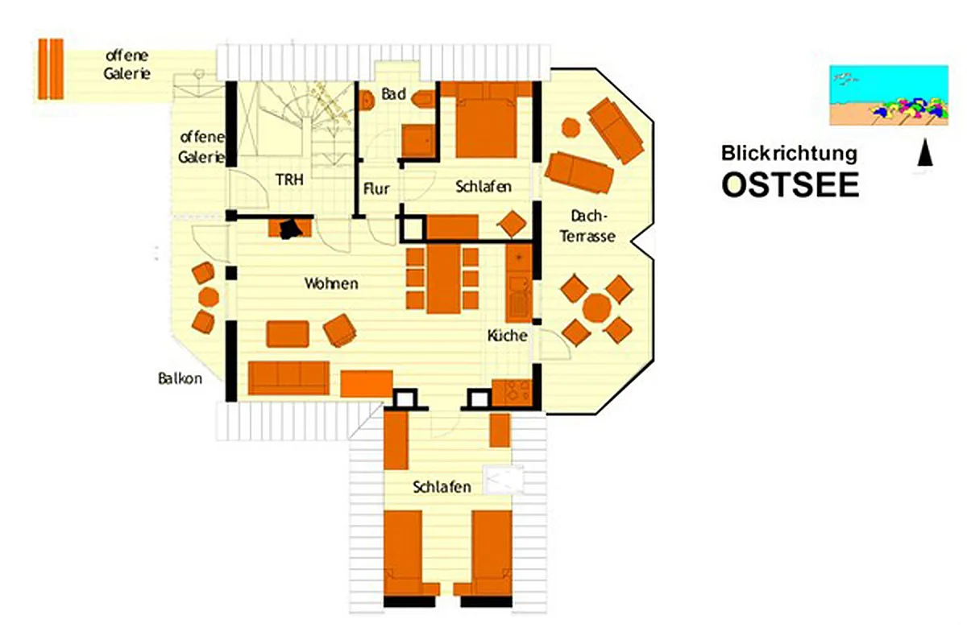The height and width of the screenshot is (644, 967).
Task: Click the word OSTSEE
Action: (790, 184)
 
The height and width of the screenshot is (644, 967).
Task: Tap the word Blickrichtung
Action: (789, 154)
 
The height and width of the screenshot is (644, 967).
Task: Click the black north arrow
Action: (925, 152)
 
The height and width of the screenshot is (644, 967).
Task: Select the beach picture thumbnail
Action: (889, 95)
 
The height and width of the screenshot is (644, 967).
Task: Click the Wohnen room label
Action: (331, 283)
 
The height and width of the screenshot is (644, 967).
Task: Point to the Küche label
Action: (507, 335)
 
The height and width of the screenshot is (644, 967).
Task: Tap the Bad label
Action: (393, 93)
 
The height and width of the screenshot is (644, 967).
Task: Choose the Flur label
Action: (376, 188)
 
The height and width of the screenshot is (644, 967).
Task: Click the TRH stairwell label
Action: (289, 180)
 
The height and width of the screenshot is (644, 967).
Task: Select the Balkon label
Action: (180, 378)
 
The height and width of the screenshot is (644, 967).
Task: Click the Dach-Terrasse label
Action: (587, 226)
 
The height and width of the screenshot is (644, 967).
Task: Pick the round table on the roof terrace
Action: (596, 308)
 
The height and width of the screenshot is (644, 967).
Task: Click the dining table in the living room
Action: (443, 279)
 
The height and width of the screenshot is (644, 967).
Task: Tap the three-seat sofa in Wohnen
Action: (288, 378)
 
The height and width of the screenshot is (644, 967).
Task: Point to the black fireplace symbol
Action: (290, 229)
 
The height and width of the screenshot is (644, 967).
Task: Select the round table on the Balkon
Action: (209, 297)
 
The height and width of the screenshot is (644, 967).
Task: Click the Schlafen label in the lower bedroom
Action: (442, 487)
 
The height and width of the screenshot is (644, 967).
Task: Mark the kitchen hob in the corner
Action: (512, 393)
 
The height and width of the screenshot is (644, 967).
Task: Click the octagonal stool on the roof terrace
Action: (571, 128)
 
